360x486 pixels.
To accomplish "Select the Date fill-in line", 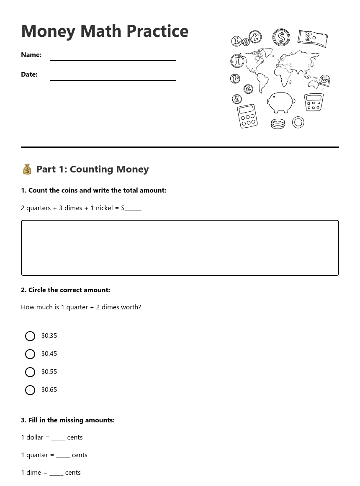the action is (113, 79).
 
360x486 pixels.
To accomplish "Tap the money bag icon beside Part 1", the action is (27, 169).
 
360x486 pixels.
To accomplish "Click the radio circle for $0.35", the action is (30, 336).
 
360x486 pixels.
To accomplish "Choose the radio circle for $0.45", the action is (30, 354).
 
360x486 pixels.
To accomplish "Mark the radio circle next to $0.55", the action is (30, 372).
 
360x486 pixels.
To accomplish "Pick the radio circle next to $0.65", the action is (30, 390).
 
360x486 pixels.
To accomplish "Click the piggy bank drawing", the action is (280, 102).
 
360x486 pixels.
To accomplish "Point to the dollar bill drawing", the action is (313, 39).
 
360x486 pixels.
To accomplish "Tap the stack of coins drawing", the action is (278, 124).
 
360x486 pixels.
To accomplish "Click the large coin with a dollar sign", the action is (281, 38).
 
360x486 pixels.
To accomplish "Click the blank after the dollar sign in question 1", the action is (133, 208).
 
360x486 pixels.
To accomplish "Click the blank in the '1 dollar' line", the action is (58, 438).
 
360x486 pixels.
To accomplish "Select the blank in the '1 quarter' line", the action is (63, 455).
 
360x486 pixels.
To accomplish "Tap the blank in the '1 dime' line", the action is (56, 473).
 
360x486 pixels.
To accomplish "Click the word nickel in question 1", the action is (104, 208).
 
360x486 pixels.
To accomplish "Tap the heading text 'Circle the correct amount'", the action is (69, 290).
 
